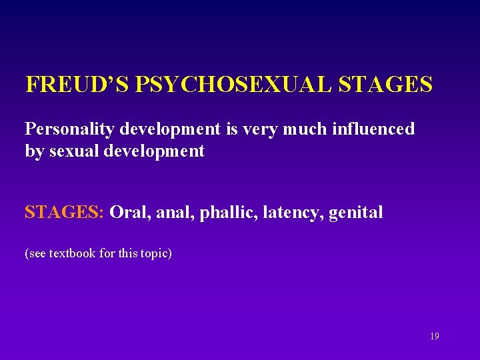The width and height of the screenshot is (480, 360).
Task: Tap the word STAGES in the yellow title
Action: pyautogui.click(x=386, y=85)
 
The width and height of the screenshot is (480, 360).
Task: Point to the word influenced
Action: pyautogui.click(x=375, y=129)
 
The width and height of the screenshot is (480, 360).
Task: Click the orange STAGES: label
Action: pyautogui.click(x=64, y=213)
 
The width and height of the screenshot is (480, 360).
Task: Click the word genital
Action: pyautogui.click(x=356, y=213)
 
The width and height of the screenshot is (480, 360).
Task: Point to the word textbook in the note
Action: pyautogui.click(x=73, y=254)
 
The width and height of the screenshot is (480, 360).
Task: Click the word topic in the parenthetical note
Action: pyautogui.click(x=153, y=254)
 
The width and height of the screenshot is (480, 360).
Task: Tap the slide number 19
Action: pyautogui.click(x=434, y=337)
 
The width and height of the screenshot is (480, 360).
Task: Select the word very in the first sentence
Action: pyautogui.click(x=273, y=129)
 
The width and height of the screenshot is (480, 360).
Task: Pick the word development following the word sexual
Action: pyautogui.click(x=152, y=151)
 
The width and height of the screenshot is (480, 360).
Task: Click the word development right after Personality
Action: pyautogui.click(x=165, y=129)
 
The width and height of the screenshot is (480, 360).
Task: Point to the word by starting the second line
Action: pyautogui.click(x=33, y=151)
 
